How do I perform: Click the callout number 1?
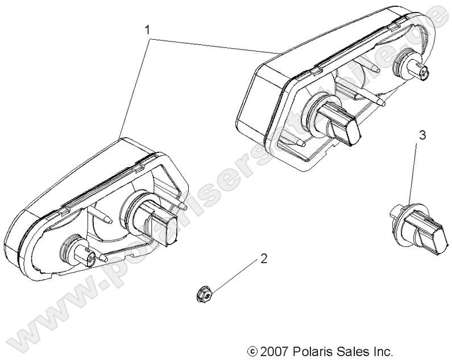click(149, 28)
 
